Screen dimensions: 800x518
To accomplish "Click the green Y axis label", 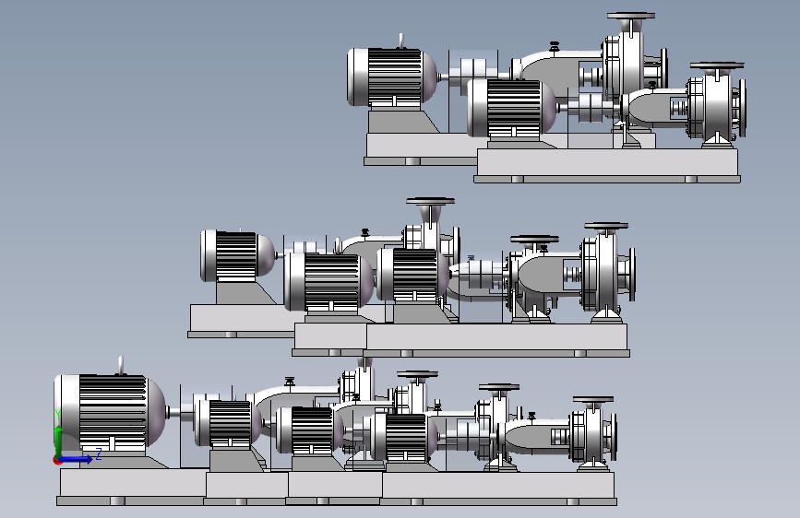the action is (x=58, y=415).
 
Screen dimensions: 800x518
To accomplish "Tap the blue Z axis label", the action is (x=99, y=453).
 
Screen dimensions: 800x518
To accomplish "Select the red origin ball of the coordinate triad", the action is (x=58, y=460).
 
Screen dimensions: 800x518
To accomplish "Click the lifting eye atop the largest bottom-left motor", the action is (x=121, y=365).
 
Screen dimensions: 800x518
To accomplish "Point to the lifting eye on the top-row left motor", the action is (x=401, y=41).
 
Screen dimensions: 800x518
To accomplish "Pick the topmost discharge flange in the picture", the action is (x=631, y=16).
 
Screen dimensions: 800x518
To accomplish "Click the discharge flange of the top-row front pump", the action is (x=717, y=65).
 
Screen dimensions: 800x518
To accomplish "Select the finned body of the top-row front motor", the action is (x=514, y=107).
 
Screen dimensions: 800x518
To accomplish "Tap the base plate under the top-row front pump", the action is (x=607, y=162).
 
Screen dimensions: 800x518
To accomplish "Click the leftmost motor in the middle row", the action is (x=238, y=256).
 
